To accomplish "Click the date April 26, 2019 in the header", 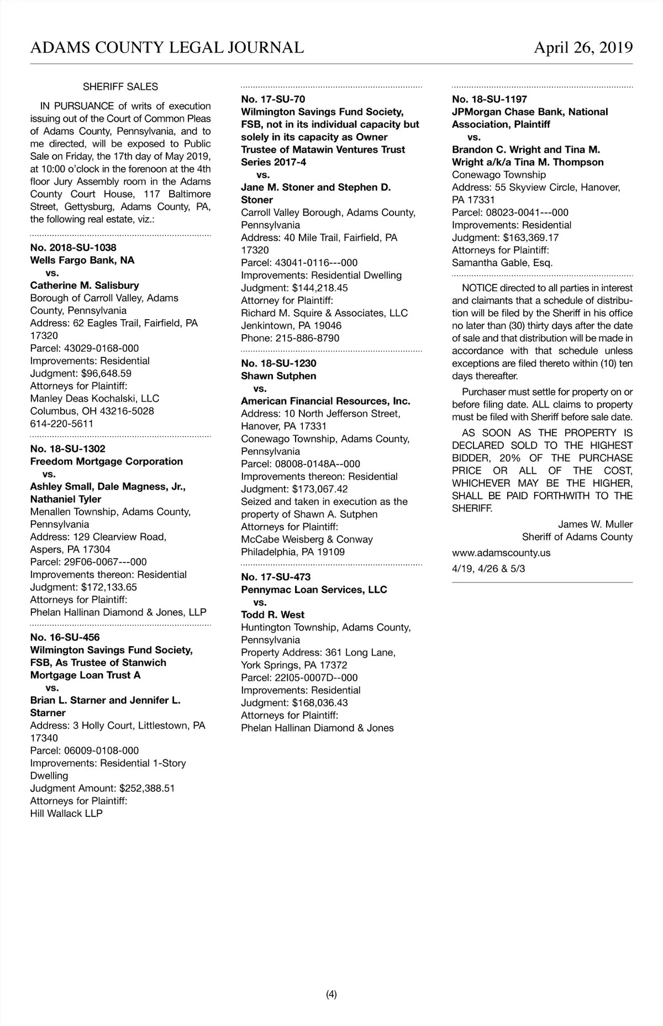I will click(x=583, y=48).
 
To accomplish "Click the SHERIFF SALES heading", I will click(x=120, y=87).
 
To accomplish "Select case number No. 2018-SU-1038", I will click(x=73, y=248).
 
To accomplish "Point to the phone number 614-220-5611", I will click(x=62, y=424).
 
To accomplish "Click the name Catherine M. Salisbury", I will click(x=85, y=285).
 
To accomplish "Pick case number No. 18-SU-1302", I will click(x=68, y=449).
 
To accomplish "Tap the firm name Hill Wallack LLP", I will click(x=66, y=814).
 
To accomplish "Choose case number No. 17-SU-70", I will click(x=273, y=100).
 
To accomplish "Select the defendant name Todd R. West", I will click(x=273, y=614).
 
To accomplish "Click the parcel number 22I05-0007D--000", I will click(x=316, y=678).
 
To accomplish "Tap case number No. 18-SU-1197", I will click(x=490, y=100).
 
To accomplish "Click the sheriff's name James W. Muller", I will click(x=595, y=524).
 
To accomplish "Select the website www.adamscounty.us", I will click(x=501, y=553).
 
